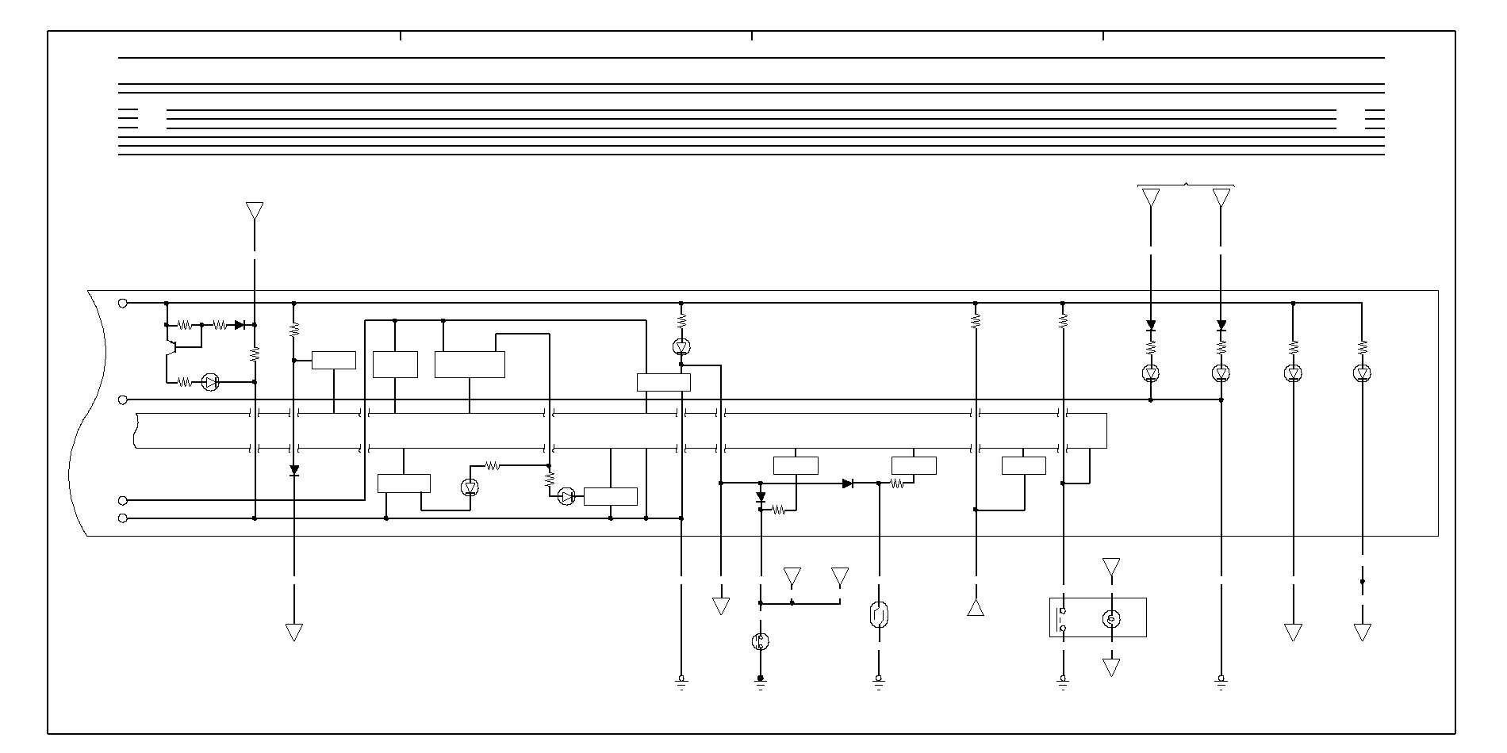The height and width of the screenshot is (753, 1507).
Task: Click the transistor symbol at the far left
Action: [x=171, y=346]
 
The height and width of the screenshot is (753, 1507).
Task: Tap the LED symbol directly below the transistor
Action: [x=210, y=382]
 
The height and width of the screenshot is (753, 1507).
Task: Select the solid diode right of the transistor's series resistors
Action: [x=240, y=325]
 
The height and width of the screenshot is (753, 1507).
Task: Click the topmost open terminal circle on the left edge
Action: [x=123, y=303]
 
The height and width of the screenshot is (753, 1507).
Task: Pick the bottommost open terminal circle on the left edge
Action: [x=123, y=518]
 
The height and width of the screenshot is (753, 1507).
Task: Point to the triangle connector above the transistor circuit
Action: [x=255, y=211]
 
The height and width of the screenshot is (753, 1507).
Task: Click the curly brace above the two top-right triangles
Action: [x=1186, y=185]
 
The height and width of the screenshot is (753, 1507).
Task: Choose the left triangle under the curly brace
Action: [x=1151, y=197]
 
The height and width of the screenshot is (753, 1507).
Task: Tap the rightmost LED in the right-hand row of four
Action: [x=1362, y=373]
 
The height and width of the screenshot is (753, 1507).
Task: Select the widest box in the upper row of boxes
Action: [x=470, y=365]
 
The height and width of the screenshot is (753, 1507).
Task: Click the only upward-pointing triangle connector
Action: [x=976, y=608]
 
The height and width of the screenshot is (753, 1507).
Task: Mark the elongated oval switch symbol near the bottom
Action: [x=878, y=615]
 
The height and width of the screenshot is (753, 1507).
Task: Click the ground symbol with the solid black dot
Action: [x=760, y=680]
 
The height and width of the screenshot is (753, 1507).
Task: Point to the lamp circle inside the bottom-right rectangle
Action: [x=1111, y=618]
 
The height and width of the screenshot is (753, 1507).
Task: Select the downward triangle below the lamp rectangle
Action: [x=1111, y=667]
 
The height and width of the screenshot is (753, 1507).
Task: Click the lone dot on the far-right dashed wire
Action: [x=1362, y=581]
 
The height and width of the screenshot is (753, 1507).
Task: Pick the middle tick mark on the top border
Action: [x=752, y=36]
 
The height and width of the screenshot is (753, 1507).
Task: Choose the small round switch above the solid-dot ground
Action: [x=760, y=641]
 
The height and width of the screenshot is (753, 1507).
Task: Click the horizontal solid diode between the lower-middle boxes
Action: [x=848, y=483]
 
